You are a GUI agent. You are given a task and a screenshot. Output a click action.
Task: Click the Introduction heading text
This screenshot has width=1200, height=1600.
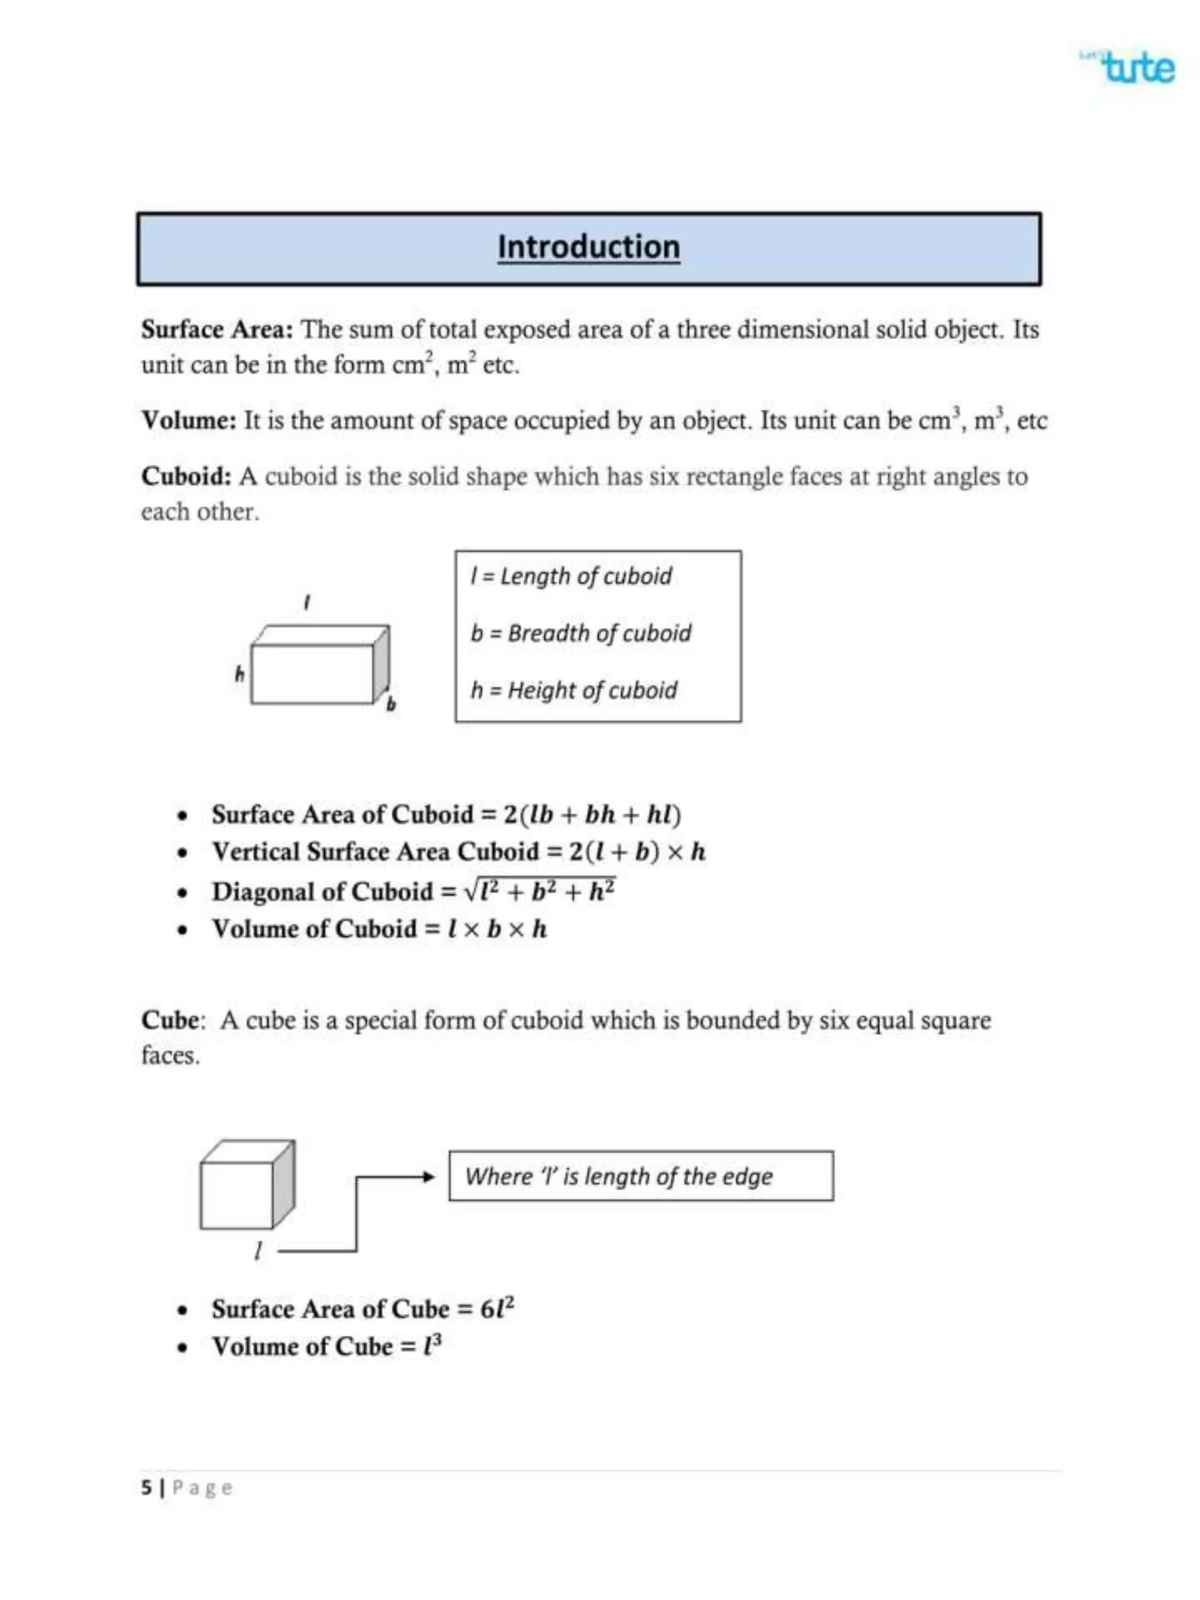pos(588,247)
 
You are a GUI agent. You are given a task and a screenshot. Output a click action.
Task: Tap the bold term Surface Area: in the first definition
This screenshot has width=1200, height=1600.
pos(216,330)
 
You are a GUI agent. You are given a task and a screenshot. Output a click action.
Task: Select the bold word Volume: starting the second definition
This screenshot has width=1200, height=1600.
pos(189,420)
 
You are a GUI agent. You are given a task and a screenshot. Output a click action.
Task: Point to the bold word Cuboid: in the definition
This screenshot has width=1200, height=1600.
pos(186,477)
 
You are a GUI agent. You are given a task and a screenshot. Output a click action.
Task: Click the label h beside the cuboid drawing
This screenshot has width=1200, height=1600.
pos(240,674)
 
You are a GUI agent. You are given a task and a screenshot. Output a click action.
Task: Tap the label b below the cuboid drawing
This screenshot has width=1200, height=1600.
pos(391,704)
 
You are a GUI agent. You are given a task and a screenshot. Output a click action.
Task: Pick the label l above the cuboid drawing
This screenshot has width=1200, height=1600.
pos(308,602)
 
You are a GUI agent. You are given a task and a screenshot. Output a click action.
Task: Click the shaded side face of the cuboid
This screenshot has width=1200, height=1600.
pos(382,663)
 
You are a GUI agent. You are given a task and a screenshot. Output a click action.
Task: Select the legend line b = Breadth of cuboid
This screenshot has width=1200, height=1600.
pos(580,634)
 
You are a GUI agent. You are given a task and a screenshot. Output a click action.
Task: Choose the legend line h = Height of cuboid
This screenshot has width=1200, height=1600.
pos(573,691)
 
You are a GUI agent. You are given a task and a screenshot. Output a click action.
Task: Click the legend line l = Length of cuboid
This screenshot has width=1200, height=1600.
pos(571,576)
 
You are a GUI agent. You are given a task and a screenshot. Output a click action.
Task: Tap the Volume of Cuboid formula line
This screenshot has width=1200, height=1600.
pos(379,929)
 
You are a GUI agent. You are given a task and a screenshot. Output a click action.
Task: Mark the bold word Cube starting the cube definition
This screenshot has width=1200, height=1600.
pos(170,1021)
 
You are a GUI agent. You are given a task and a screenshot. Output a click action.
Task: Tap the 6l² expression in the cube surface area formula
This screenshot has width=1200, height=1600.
pos(497,1309)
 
